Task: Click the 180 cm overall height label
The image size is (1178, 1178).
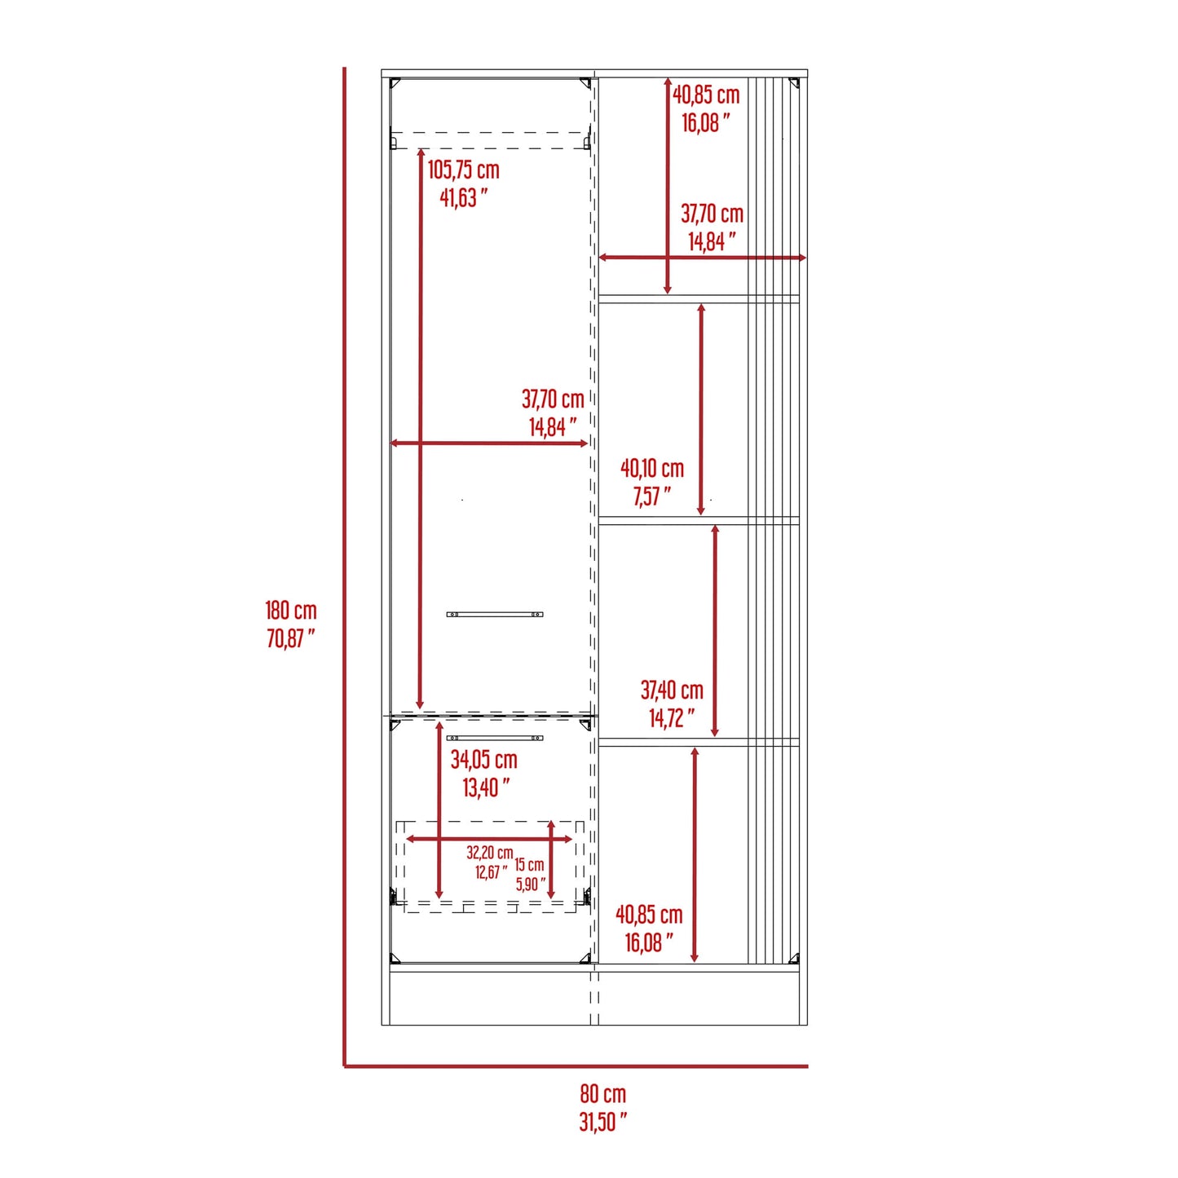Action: [x=291, y=611]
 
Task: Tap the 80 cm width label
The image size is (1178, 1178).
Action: [x=603, y=1093]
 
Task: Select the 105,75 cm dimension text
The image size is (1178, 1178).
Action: [x=464, y=170]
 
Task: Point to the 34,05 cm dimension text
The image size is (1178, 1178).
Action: [x=484, y=760]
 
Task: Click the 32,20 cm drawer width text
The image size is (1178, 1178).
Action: [x=490, y=853]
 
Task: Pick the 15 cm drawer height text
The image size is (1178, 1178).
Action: [x=529, y=864]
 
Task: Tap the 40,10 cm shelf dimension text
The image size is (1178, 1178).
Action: [x=652, y=469]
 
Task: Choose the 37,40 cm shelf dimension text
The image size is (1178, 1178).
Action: [x=672, y=690]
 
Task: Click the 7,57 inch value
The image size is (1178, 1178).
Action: [x=651, y=496]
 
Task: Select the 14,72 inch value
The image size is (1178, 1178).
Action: [x=672, y=718]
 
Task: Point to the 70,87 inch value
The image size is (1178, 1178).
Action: [x=290, y=638]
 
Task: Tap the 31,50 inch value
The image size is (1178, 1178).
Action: [x=602, y=1122]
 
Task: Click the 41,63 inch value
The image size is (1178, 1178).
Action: [x=463, y=197]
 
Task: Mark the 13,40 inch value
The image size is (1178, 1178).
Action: [x=486, y=788]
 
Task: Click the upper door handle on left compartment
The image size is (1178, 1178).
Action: [x=495, y=614]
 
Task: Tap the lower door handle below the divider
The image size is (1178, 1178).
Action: [x=495, y=738]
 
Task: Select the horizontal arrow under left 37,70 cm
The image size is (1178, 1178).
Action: [x=489, y=443]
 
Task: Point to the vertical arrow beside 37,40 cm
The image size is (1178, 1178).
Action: [x=715, y=631]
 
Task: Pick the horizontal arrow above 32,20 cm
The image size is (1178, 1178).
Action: [x=489, y=839]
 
